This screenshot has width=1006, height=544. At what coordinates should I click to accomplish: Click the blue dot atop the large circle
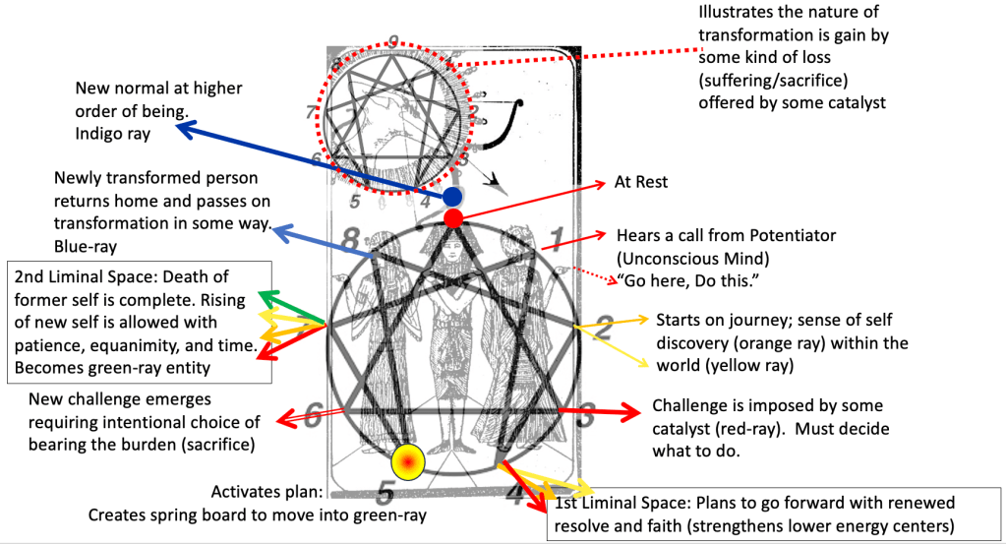pyautogui.click(x=451, y=197)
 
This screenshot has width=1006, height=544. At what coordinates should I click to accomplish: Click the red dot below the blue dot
pyautogui.click(x=453, y=218)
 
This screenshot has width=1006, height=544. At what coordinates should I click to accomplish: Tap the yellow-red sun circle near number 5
pyautogui.click(x=407, y=460)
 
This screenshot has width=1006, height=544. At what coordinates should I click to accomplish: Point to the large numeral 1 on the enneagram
pyautogui.click(x=556, y=237)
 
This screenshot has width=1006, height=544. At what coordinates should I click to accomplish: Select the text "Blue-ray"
pyautogui.click(x=85, y=245)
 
